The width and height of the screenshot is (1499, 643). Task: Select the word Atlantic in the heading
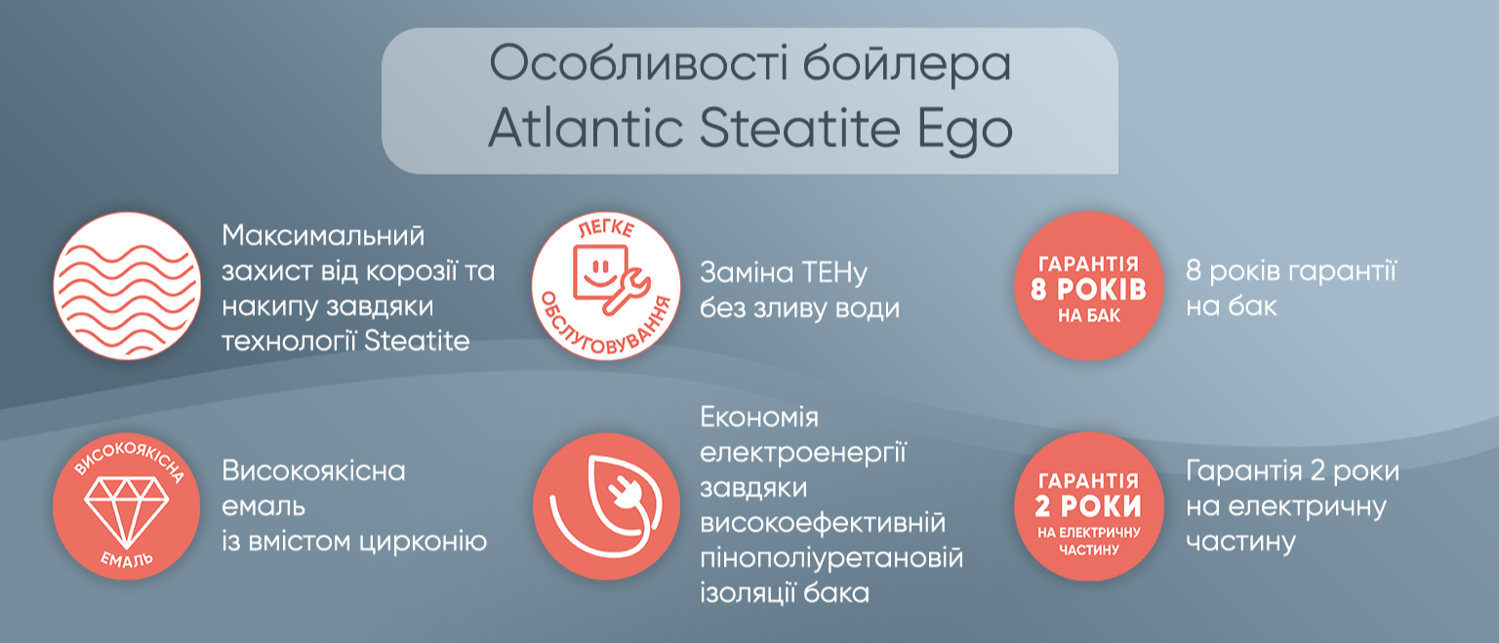pos(587,127)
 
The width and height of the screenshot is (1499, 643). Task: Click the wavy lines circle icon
pos(127,286)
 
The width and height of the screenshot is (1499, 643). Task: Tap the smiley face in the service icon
pos(600,271)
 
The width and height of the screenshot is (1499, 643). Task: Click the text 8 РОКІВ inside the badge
pos(1089,290)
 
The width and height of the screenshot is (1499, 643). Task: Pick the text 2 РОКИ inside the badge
pos(1088,506)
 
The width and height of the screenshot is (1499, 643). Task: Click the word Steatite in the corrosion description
pos(417,342)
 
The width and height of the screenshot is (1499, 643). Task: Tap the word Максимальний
pos(323,235)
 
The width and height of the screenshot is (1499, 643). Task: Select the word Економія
pos(759,418)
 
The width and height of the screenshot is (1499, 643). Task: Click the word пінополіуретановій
pos(831,558)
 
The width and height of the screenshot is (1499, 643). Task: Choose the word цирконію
pos(423,542)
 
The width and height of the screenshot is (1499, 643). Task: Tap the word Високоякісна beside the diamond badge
pos(314,471)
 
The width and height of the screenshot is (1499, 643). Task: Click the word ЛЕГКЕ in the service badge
pos(606,228)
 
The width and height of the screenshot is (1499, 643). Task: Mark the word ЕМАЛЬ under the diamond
pos(127,559)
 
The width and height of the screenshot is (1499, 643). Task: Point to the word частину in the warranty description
pos(1240,542)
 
